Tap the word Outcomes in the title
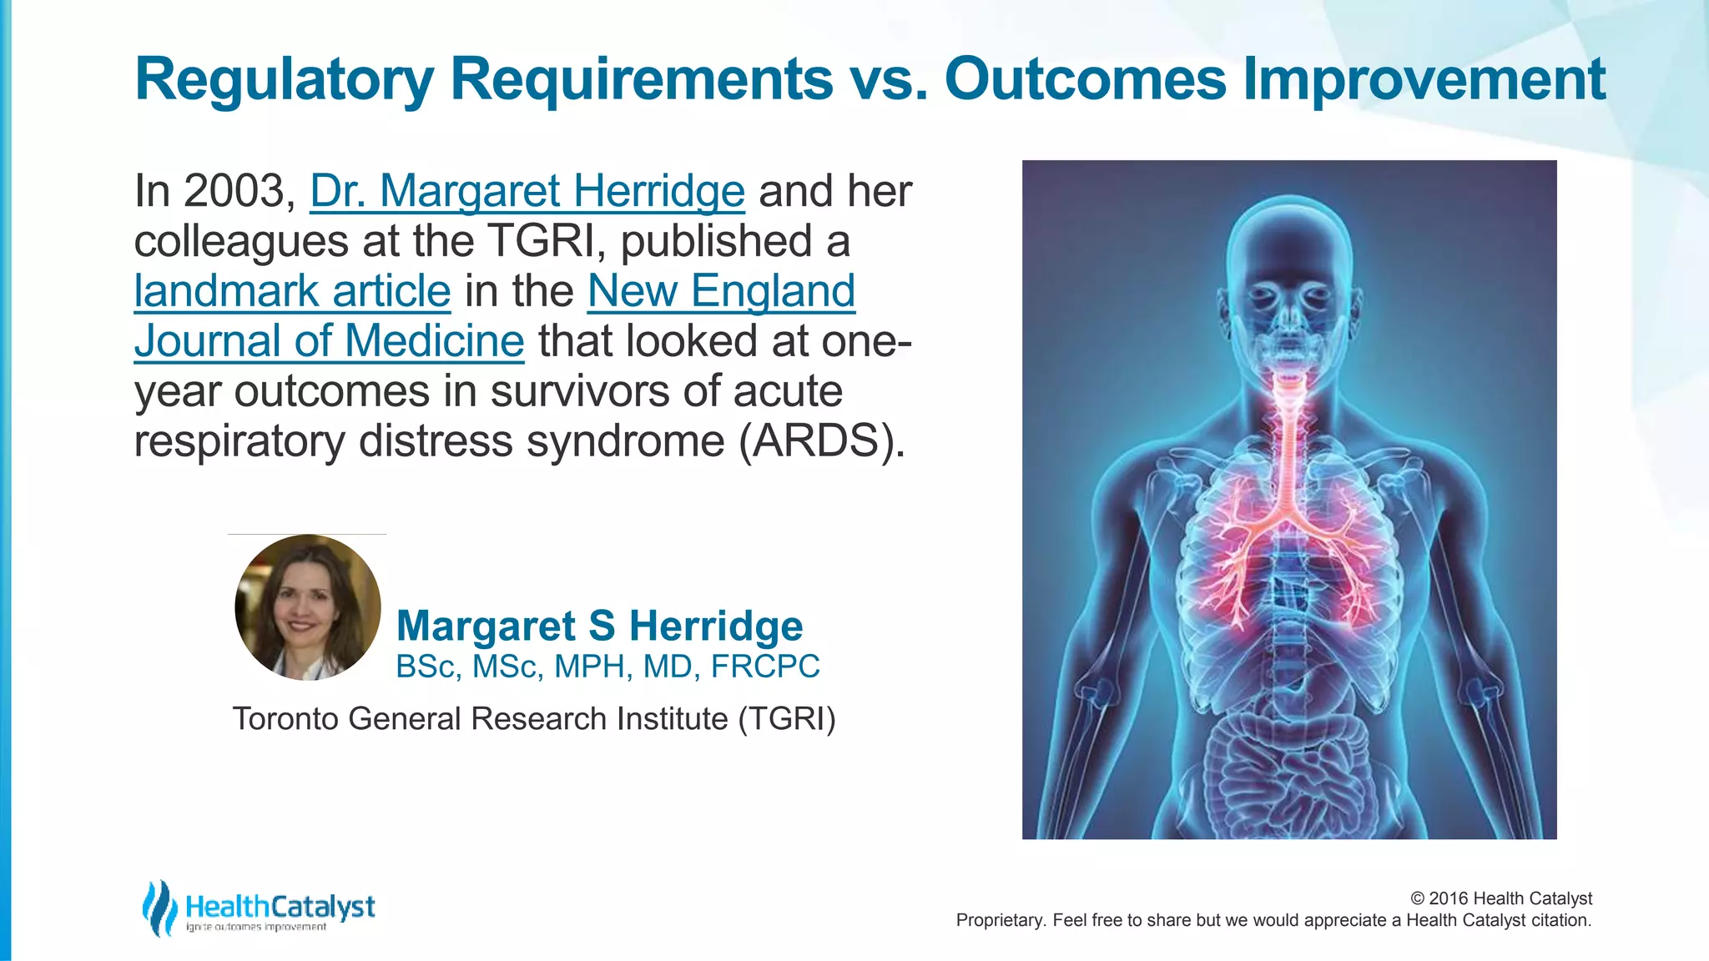pyautogui.click(x=1085, y=80)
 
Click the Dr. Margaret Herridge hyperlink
pyautogui.click(x=527, y=191)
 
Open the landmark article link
pyautogui.click(x=292, y=291)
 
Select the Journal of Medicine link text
pyautogui.click(x=329, y=341)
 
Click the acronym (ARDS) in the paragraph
pyautogui.click(x=820, y=441)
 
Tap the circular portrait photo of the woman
pyautogui.click(x=308, y=607)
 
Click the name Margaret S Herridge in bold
pyautogui.click(x=599, y=626)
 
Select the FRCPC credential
pyautogui.click(x=765, y=667)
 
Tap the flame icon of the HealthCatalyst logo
pyautogui.click(x=159, y=908)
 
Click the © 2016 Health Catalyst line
pyautogui.click(x=1500, y=898)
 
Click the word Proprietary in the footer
pyautogui.click(x=1000, y=920)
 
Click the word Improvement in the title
pyautogui.click(x=1424, y=80)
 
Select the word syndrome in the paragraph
pyautogui.click(x=625, y=441)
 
